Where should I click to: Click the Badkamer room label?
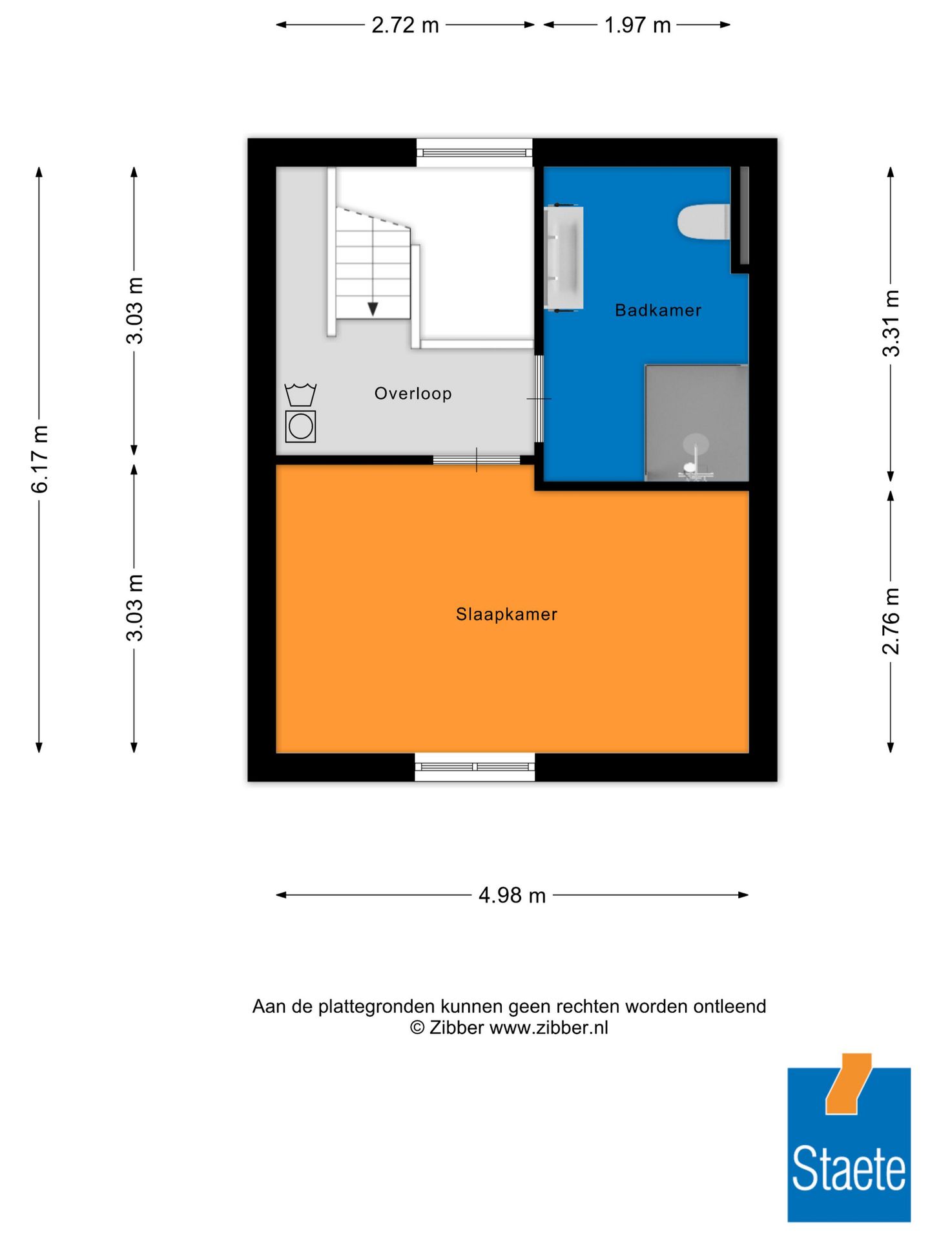pos(657,310)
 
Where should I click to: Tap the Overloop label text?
pos(413,393)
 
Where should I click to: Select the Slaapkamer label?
pos(506,614)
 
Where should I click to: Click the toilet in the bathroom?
pos(703,222)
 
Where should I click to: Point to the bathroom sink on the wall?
pos(564,257)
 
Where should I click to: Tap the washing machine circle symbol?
pos(300,427)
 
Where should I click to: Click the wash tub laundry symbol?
pos(300,394)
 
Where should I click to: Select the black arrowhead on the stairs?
pos(373,309)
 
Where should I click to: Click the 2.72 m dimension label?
pos(405,25)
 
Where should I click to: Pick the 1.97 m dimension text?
pos(637,25)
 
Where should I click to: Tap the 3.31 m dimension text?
pos(891,323)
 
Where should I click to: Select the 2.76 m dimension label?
pos(891,620)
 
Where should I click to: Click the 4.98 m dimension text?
pos(512,895)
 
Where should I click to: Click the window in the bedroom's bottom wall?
pos(475,767)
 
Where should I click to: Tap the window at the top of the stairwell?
pos(475,153)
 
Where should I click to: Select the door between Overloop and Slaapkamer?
pos(477,460)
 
